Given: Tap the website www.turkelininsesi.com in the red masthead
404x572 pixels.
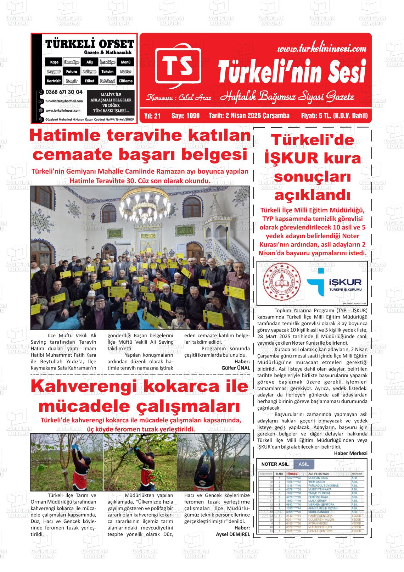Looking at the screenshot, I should (x=321, y=48).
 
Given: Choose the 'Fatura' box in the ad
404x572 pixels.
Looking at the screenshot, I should (x=72, y=72).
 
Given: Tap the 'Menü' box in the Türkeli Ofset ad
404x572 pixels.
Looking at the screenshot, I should (x=125, y=62).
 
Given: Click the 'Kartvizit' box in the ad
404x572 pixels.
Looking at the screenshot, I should (x=54, y=81).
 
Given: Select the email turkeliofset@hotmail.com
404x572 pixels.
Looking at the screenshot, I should (x=64, y=101).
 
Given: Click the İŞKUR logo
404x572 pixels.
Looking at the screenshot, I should (x=334, y=283).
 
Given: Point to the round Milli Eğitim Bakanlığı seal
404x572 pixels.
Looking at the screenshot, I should (x=280, y=283).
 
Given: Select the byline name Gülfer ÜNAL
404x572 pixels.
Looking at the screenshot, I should (x=236, y=368).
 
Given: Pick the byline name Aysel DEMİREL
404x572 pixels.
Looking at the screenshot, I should (x=233, y=534).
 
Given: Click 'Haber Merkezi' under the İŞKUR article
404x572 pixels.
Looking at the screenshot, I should (x=351, y=453).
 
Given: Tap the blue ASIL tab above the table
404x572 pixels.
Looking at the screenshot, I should (x=304, y=464).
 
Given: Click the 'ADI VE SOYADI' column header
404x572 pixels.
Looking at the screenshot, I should (x=319, y=474).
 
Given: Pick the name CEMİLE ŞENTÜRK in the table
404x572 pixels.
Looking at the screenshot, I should (x=320, y=531).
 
